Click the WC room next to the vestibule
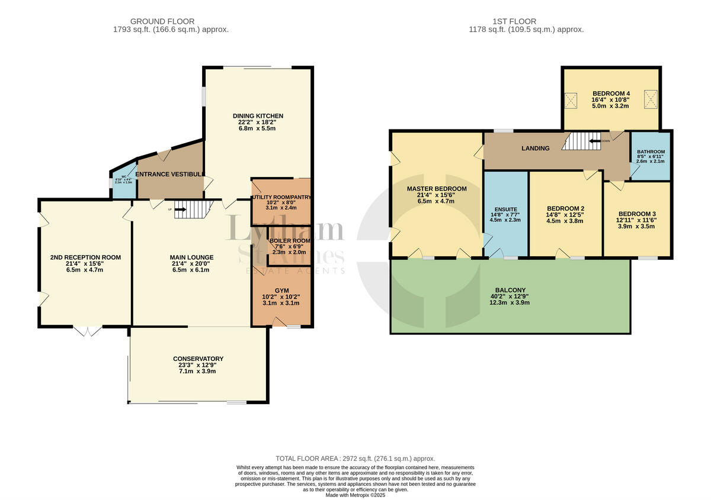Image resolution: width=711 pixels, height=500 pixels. pyautogui.click(x=124, y=179)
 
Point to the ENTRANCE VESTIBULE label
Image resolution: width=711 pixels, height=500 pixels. pyautogui.click(x=171, y=174)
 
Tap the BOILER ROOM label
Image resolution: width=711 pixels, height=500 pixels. pyautogui.click(x=289, y=241)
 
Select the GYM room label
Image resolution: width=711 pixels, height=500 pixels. pyautogui.click(x=281, y=291)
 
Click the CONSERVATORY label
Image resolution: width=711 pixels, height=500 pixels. pyautogui.click(x=198, y=359)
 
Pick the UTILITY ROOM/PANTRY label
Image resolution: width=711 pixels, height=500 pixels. pyautogui.click(x=281, y=197)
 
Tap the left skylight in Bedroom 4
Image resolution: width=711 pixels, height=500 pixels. pyautogui.click(x=572, y=101)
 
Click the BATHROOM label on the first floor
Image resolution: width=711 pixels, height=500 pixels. pyautogui.click(x=651, y=152)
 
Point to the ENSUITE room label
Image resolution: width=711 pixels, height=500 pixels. pyautogui.click(x=505, y=209)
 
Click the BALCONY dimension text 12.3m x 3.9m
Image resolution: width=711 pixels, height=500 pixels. pyautogui.click(x=510, y=302)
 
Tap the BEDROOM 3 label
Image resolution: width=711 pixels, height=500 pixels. pyautogui.click(x=637, y=214)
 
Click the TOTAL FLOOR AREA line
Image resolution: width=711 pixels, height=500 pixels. pyautogui.click(x=355, y=459)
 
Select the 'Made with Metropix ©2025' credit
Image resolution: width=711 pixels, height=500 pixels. pyautogui.click(x=355, y=495)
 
